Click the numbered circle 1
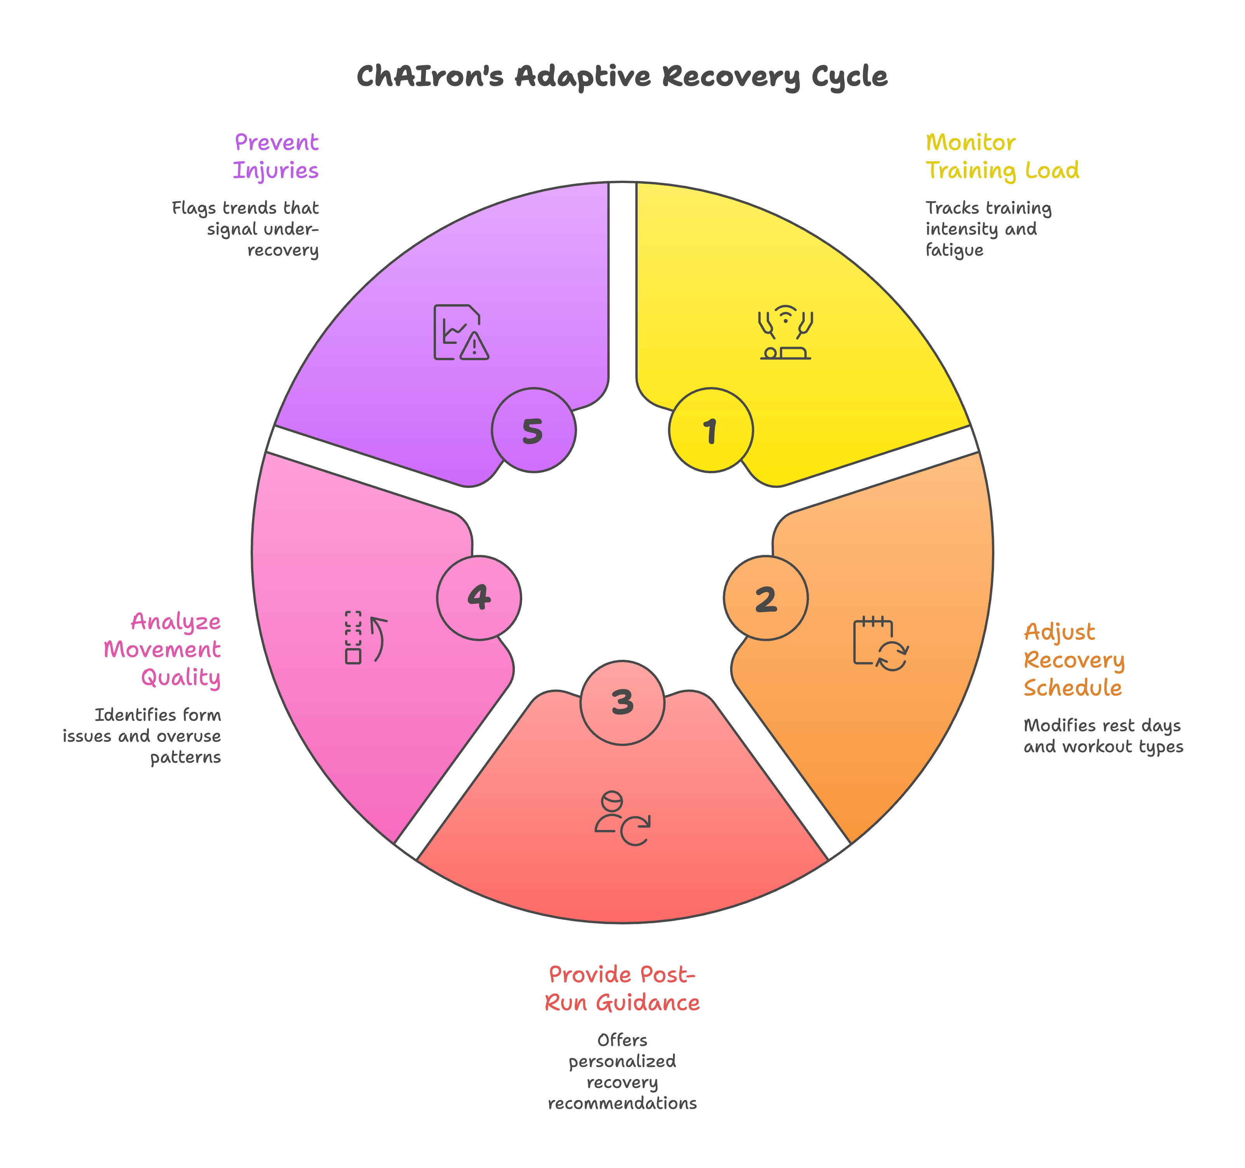[711, 430]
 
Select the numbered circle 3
[622, 703]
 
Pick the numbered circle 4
[479, 598]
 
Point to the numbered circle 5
[534, 430]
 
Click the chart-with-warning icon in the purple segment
[461, 333]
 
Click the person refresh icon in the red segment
[622, 819]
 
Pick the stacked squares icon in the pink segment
[366, 638]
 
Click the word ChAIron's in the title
[430, 77]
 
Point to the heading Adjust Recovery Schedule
[1074, 659]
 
